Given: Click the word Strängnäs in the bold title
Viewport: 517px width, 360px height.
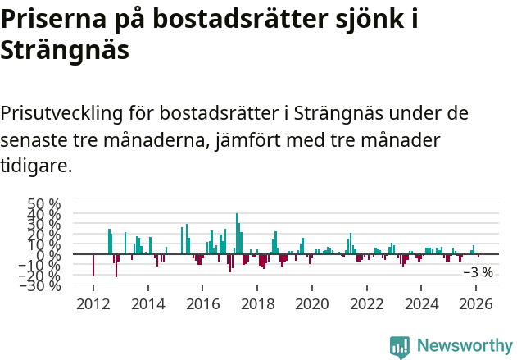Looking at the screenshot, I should point(66,51).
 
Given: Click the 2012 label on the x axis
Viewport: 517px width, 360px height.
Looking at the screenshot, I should point(93,304).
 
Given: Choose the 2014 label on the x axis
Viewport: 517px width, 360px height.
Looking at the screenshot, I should point(147,304).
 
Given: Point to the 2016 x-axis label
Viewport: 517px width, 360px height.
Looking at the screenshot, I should point(202,304).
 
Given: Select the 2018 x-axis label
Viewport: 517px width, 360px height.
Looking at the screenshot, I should point(257,304).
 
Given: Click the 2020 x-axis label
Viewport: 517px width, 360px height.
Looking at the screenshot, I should point(312,304).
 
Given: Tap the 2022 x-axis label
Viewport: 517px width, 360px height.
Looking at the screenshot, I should point(367,304).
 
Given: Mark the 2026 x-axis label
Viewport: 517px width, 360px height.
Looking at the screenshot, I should point(477,304).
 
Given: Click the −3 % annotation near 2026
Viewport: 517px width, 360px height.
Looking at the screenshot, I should point(478,272).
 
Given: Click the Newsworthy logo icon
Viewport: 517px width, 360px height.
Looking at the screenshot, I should point(400,346).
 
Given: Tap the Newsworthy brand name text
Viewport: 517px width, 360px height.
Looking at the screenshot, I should point(465,346).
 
